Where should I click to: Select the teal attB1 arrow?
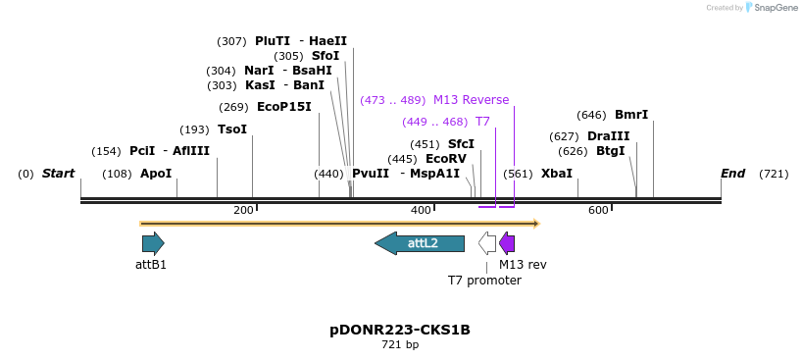[x=153, y=243]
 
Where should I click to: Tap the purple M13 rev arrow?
[x=507, y=243]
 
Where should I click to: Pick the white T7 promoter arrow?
[x=487, y=243]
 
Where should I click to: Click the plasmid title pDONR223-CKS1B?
[x=400, y=330]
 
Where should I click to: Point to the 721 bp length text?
[x=400, y=345]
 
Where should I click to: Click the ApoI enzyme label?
[x=156, y=174]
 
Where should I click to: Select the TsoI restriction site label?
[x=232, y=129]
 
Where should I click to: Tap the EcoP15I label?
[x=283, y=107]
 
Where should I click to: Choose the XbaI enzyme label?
[x=556, y=174]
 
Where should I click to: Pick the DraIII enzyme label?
[x=608, y=136]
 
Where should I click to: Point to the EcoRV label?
[x=446, y=159]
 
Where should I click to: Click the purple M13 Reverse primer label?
[x=471, y=100]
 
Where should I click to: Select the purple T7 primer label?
[x=482, y=122]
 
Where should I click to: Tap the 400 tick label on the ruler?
[x=421, y=210]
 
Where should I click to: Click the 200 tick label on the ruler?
[x=243, y=210]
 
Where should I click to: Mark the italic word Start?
[x=58, y=174]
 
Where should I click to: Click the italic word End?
[x=732, y=174]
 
